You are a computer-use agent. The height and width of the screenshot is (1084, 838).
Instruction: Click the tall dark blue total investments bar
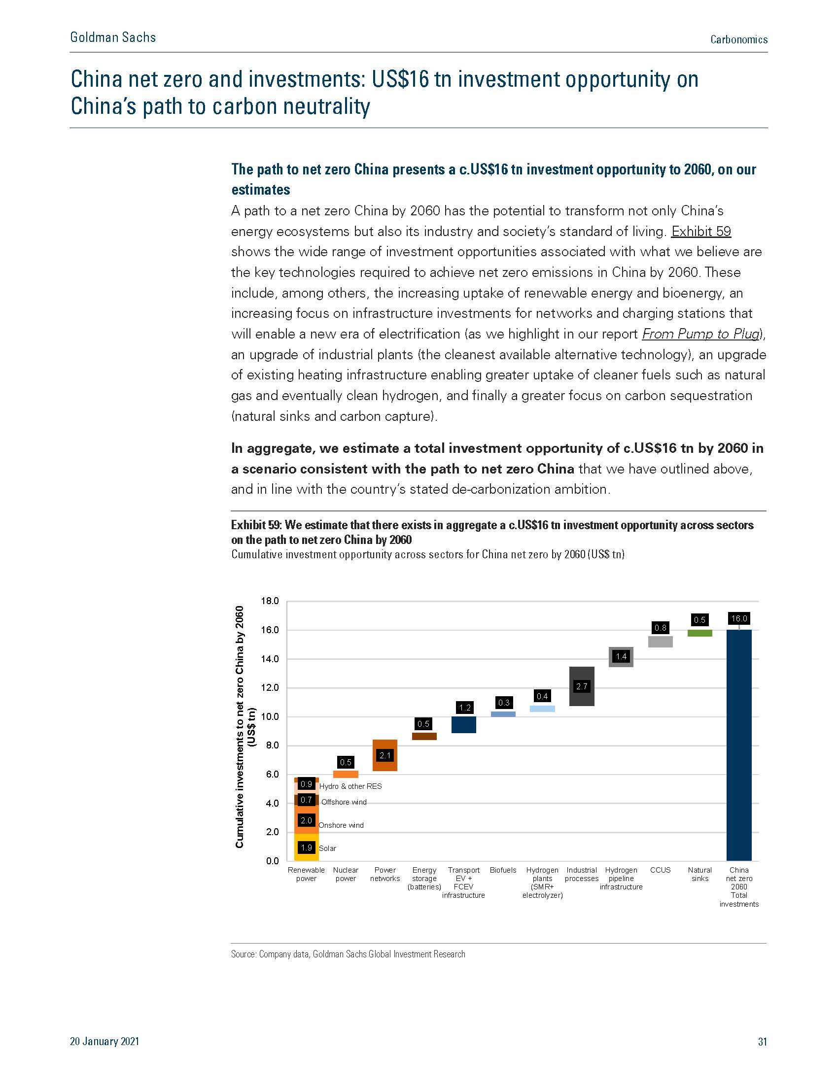coord(739,745)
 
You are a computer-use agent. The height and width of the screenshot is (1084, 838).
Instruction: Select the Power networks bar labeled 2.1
coord(385,755)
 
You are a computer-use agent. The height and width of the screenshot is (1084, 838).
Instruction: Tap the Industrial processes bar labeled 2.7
coord(581,686)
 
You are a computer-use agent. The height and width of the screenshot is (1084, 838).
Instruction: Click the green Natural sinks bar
coord(699,633)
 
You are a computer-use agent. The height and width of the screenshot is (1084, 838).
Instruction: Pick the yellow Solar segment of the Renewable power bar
coord(306,847)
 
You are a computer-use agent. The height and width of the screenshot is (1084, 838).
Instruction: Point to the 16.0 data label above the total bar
coord(739,618)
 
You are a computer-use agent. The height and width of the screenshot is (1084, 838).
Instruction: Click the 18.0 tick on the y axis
coord(270,601)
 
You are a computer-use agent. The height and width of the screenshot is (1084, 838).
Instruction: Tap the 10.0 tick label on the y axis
coord(270,717)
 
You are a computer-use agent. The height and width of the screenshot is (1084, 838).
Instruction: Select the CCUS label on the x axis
coord(660,870)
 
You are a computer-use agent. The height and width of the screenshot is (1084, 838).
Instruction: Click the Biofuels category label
coord(503,870)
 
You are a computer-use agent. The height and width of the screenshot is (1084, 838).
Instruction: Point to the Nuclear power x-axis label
coord(346,874)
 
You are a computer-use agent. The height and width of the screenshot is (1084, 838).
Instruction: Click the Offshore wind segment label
coord(344,802)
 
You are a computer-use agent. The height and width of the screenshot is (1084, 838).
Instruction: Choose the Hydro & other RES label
coord(350,786)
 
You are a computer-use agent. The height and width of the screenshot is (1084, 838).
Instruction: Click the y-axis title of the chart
coord(245,727)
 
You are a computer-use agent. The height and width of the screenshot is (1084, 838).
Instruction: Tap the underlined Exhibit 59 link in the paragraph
coord(701,231)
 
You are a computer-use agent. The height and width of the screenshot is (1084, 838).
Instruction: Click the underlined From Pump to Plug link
coord(701,334)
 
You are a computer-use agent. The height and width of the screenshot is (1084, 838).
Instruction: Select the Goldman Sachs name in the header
coord(113,37)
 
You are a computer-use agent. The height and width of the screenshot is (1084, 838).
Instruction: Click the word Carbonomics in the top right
coord(739,40)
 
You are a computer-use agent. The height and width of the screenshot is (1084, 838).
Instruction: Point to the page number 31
coord(763,1041)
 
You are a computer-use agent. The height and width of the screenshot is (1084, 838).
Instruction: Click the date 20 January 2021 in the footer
coord(105,1041)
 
